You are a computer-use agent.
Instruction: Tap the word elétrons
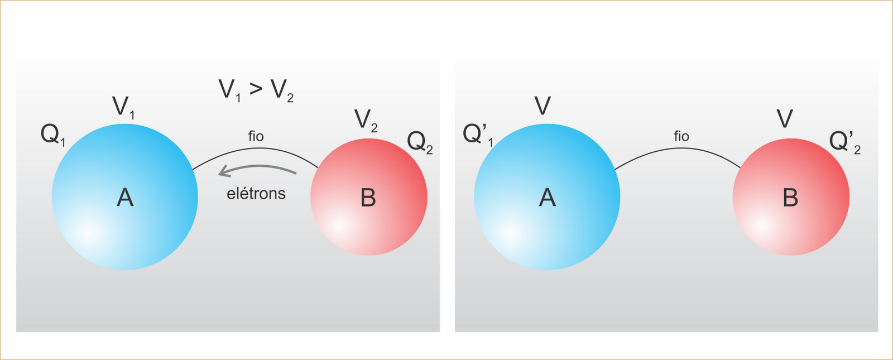[x=256, y=194]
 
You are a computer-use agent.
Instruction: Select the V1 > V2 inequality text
[x=256, y=90]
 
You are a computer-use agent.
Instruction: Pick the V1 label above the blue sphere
[x=123, y=107]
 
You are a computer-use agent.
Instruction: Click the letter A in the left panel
[x=125, y=198]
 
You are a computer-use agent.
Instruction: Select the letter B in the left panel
[x=368, y=198]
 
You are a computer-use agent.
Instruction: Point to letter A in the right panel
[x=547, y=198]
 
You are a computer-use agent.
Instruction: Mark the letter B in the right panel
[x=790, y=198]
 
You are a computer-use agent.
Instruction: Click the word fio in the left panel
[x=256, y=136]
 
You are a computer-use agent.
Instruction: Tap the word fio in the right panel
[x=681, y=136]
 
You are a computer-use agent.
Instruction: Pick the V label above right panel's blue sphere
[x=542, y=105]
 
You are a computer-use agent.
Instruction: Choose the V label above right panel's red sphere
[x=785, y=119]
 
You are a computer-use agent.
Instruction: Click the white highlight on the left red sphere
[x=339, y=226]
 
